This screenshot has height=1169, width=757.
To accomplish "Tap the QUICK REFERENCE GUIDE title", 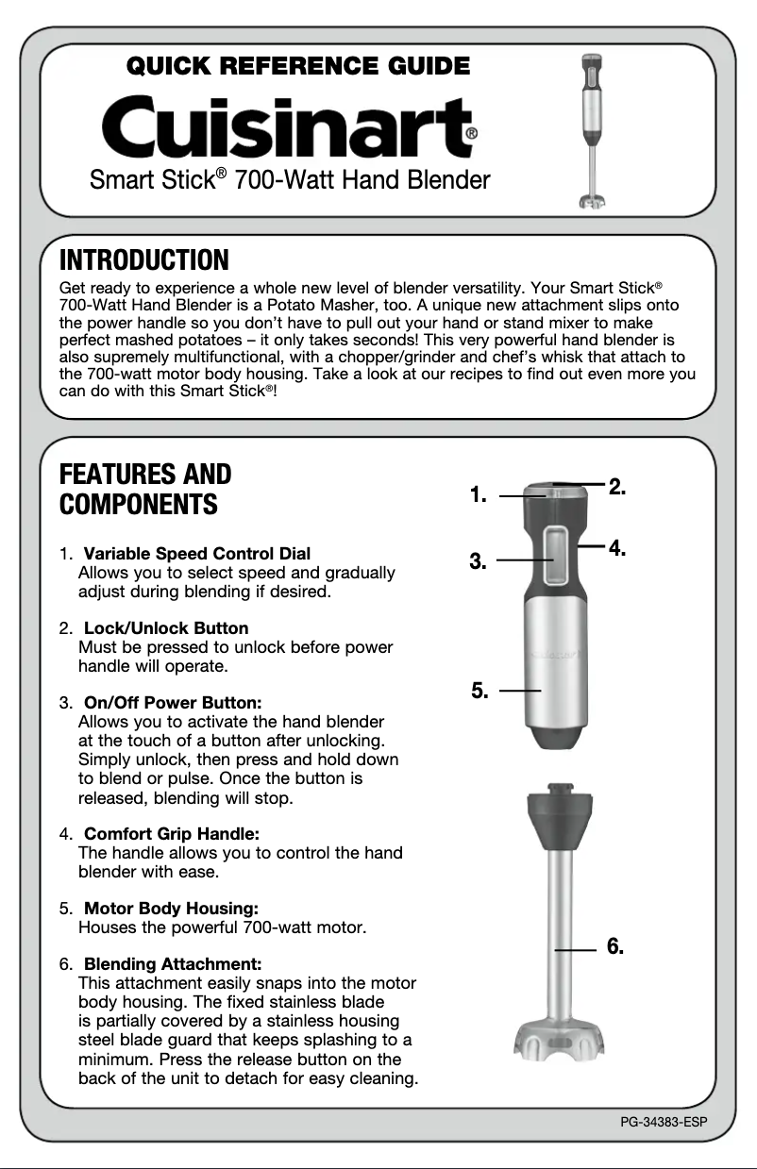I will pos(297,66).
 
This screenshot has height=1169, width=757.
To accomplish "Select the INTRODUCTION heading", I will pos(143,259).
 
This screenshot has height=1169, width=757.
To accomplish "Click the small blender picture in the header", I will pos(592,130).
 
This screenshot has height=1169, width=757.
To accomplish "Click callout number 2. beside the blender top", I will pos(617,487).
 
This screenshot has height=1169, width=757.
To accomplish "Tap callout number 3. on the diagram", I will pos(479,562).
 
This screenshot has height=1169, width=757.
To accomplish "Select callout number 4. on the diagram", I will pos(617,547).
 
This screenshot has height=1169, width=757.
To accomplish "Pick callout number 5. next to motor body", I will pos(479,692).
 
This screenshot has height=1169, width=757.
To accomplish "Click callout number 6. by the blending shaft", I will pos(615,946).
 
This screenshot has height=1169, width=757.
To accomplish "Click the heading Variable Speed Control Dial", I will pos(196,553).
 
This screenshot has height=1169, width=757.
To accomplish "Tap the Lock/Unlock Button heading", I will pos(166,628).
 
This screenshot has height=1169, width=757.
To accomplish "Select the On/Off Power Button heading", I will pos(173,703).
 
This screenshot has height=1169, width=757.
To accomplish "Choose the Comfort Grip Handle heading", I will pos(172,834).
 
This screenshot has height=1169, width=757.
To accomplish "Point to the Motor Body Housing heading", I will pos(171,909).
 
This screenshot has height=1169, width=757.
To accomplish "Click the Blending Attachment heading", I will pos(173,964).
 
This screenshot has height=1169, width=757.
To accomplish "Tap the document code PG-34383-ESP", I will pos(664,1122).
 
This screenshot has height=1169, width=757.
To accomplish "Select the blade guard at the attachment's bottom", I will pos(558,1040).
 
